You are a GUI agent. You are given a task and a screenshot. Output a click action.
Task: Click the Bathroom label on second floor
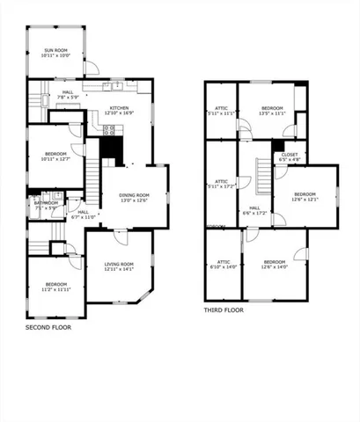[45, 205]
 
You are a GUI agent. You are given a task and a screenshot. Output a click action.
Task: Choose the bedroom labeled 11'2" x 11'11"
[55, 287]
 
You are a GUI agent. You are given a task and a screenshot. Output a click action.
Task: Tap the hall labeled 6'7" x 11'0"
[83, 214]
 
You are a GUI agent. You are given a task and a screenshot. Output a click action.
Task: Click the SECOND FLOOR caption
[48, 327]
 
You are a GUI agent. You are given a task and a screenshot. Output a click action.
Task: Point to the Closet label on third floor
[290, 157]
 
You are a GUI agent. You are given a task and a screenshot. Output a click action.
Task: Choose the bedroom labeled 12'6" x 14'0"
[275, 264]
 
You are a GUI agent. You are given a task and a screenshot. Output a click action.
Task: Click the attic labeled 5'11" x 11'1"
[222, 111]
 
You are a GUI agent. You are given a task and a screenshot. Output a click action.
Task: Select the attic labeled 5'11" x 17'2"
[222, 183]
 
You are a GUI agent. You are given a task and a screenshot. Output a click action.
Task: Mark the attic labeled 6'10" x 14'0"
[223, 264]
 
